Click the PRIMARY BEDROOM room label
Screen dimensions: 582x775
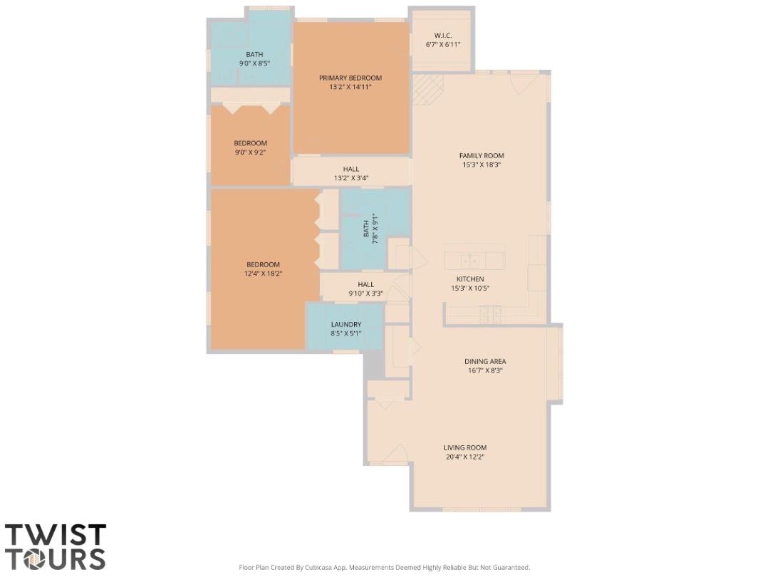point(350,78)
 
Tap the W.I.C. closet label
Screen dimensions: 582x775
point(443,36)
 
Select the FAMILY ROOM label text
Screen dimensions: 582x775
point(482,155)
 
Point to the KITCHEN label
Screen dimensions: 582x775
point(470,279)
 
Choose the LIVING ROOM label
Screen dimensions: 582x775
point(465,447)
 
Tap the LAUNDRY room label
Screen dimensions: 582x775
point(346,324)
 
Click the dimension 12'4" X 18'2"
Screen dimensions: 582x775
point(264,274)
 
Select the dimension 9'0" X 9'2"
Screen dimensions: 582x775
point(251,152)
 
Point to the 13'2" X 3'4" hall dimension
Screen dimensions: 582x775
point(350,178)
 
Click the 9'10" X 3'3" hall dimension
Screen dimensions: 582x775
point(366,293)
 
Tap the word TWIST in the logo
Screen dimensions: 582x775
point(56,536)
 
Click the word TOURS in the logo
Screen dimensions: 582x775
point(56,558)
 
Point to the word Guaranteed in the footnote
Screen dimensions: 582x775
point(510,568)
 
